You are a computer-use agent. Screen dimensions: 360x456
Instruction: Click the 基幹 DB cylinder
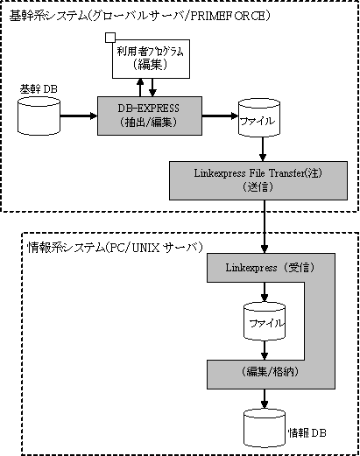(39, 116)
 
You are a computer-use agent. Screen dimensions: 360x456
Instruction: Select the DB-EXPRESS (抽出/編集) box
(150, 116)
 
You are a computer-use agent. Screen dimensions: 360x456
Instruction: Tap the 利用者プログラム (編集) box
(151, 59)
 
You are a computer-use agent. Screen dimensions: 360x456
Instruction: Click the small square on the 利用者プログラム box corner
(110, 38)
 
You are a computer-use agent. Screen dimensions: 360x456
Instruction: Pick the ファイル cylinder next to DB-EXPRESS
(259, 118)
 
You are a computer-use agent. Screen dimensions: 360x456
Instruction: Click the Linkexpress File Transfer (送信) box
(258, 180)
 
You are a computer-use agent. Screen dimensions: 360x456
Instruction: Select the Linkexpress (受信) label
(270, 268)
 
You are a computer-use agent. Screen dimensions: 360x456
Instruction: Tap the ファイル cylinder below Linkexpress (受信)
(265, 321)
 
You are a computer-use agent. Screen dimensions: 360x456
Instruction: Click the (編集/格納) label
(270, 372)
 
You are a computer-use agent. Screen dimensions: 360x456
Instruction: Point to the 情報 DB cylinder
(265, 428)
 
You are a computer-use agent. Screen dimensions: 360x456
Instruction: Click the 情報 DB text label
(307, 432)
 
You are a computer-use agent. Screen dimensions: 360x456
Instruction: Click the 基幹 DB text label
(39, 89)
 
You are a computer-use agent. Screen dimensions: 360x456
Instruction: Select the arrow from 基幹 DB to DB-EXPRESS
(79, 116)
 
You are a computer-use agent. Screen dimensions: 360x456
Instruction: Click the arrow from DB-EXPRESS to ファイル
(220, 116)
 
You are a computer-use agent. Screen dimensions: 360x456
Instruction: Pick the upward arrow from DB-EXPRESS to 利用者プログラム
(140, 88)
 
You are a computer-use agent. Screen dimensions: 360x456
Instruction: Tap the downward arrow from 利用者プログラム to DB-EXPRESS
(152, 88)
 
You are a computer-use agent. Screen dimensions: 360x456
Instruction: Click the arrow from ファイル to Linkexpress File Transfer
(263, 149)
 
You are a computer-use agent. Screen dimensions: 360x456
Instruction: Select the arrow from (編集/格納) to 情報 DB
(265, 399)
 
